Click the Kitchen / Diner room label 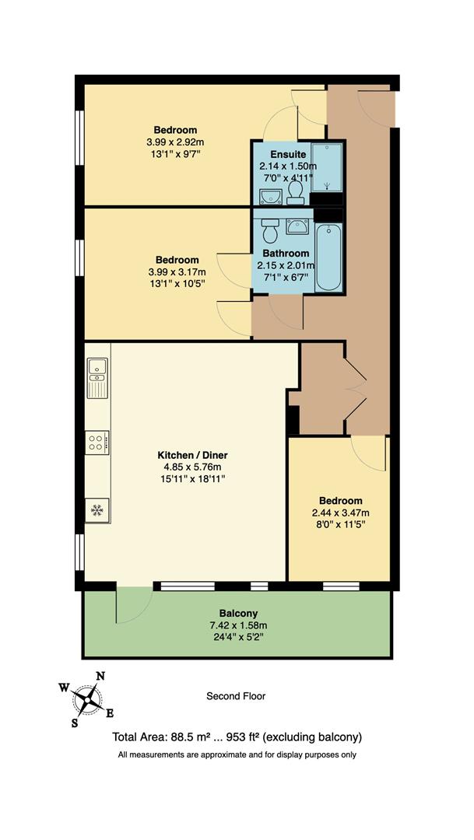tap(192, 455)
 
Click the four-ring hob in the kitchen tap(97, 443)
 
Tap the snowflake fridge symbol tap(97, 510)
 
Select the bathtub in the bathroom tap(329, 256)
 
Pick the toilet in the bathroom tap(270, 229)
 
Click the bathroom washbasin tap(298, 226)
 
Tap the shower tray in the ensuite tap(326, 167)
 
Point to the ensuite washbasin tap(271, 194)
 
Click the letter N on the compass tap(100, 676)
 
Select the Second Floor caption tap(236, 696)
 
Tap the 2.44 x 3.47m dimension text tap(340, 513)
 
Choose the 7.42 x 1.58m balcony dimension tap(237, 625)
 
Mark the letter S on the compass tap(75, 722)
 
